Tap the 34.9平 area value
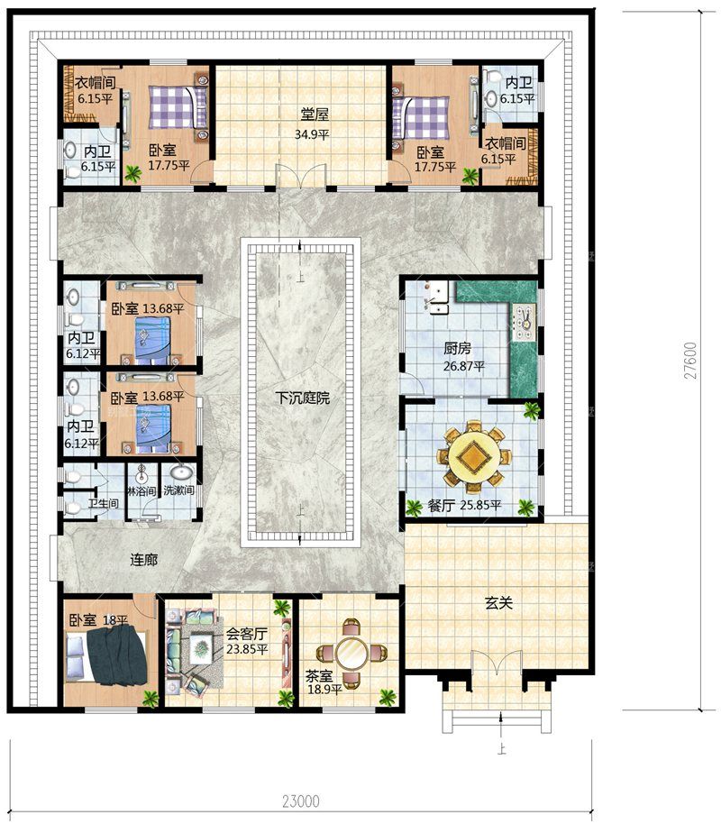click(x=312, y=134)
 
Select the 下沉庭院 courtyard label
click(x=303, y=398)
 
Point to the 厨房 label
click(x=457, y=348)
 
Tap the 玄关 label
click(x=498, y=603)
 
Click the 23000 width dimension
click(x=301, y=801)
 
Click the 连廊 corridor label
click(x=144, y=560)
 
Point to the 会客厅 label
click(x=247, y=634)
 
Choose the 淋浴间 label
click(x=141, y=491)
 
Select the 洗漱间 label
click(x=178, y=490)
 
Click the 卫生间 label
click(x=103, y=503)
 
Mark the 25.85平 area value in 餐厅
click(x=480, y=506)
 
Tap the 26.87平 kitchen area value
click(x=463, y=366)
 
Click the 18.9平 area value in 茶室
click(x=324, y=689)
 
